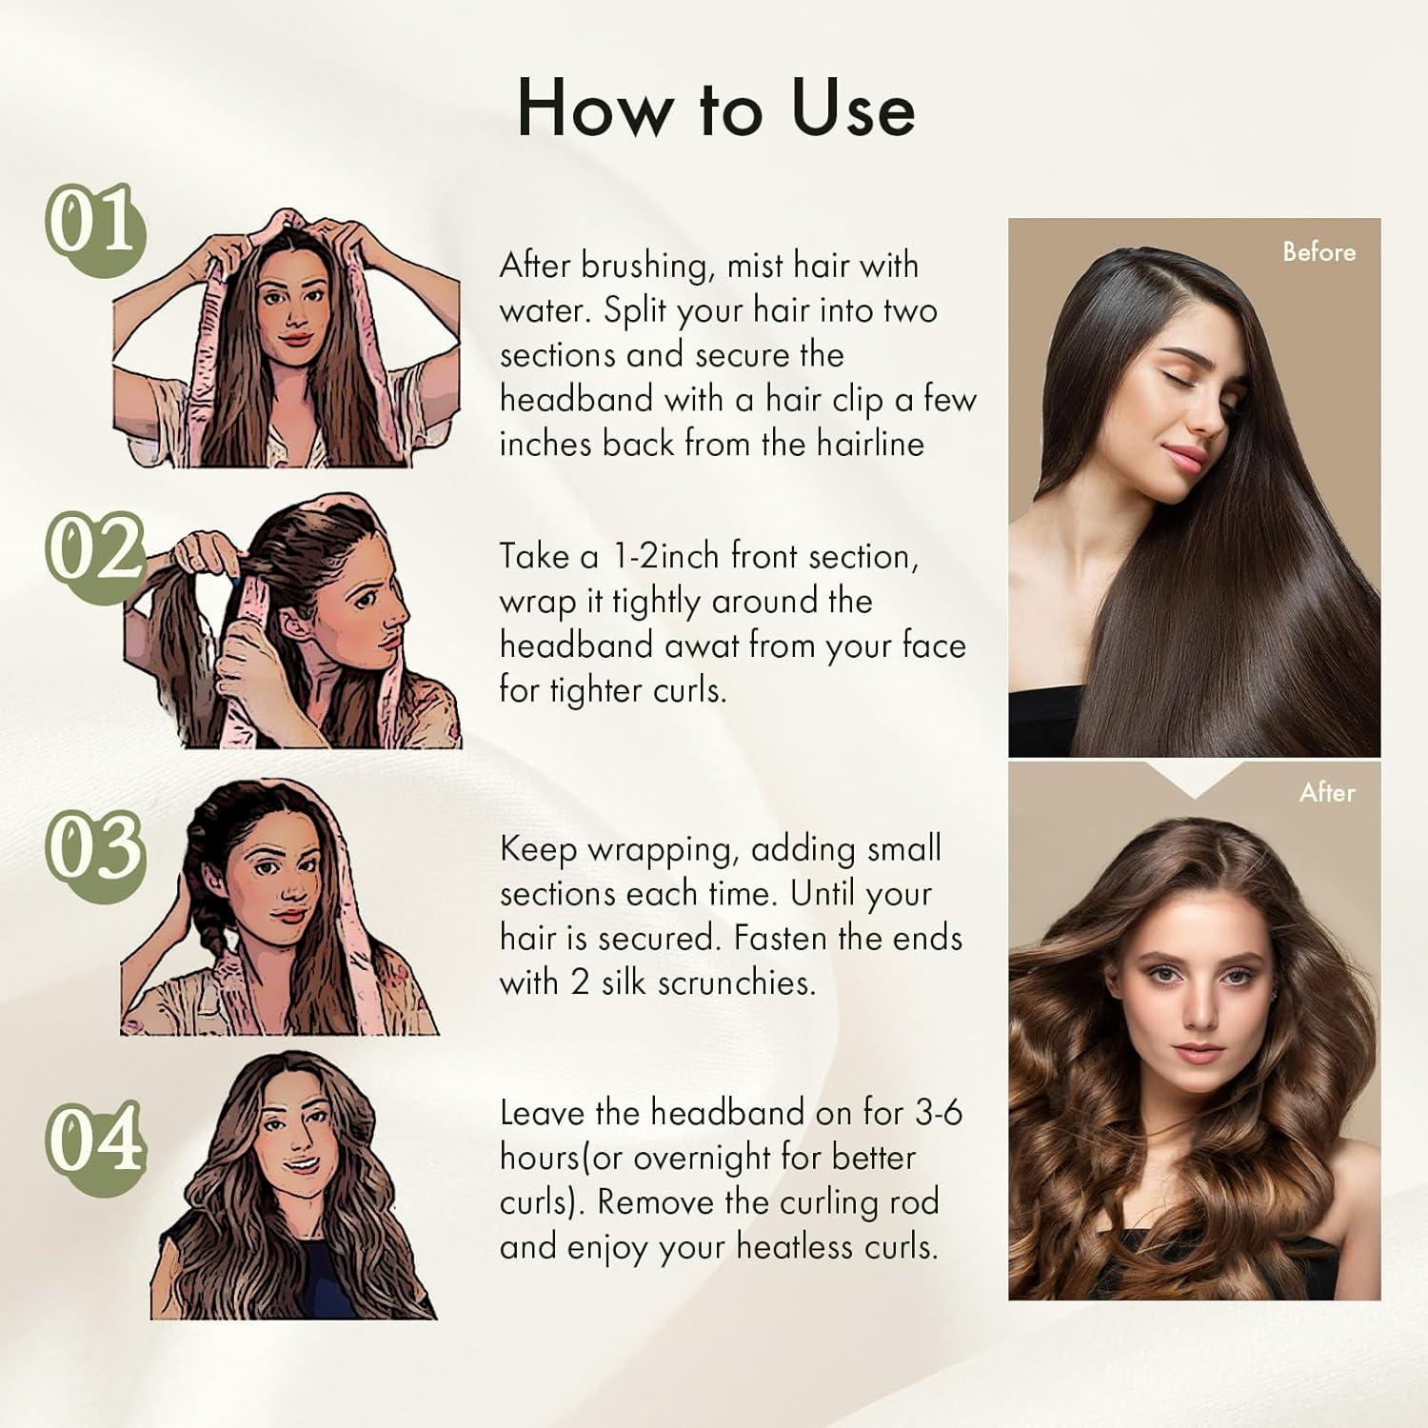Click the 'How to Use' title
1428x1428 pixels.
pyautogui.click(x=716, y=109)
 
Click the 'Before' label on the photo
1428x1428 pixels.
pyautogui.click(x=1319, y=252)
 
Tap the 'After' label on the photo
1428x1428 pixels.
pyautogui.click(x=1327, y=792)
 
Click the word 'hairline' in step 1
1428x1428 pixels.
pyautogui.click(x=870, y=445)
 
